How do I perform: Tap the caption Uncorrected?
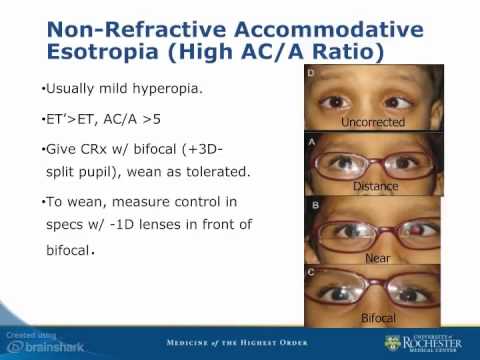click(x=371, y=122)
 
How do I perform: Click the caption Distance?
click(x=375, y=186)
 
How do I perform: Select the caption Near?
click(x=376, y=257)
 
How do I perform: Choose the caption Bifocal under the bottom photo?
click(x=377, y=319)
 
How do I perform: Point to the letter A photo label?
click(x=312, y=141)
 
